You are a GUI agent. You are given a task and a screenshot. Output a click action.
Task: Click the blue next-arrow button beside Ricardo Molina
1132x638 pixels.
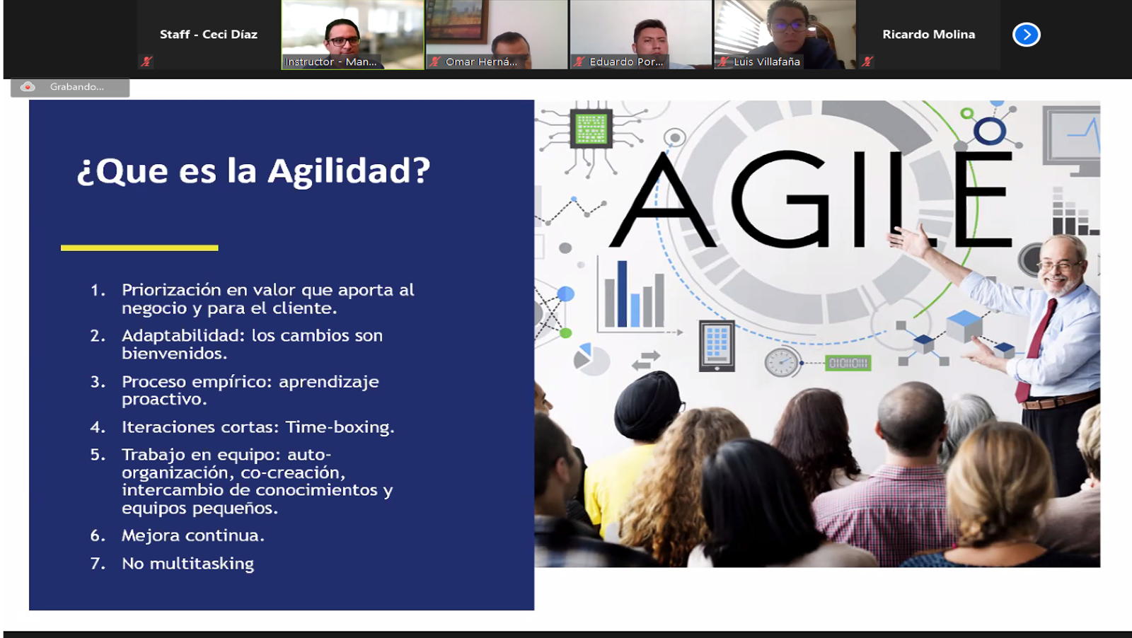click(1027, 35)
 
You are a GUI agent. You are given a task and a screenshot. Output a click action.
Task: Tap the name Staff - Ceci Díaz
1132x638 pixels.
click(209, 35)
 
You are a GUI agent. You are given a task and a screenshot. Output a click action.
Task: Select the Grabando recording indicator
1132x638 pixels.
click(70, 87)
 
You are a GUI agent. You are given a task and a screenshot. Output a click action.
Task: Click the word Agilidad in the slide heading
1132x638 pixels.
click(349, 171)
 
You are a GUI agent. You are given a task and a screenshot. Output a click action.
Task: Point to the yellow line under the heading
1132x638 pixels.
click(139, 248)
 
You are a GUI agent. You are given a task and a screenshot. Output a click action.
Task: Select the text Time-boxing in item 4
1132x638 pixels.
click(340, 427)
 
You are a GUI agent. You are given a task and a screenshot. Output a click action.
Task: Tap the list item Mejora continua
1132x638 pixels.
click(193, 535)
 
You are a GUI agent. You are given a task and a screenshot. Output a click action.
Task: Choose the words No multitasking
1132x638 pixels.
click(188, 564)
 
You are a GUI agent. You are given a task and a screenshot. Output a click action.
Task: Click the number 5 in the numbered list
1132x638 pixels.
click(96, 455)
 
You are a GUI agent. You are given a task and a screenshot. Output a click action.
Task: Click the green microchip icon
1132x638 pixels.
click(591, 128)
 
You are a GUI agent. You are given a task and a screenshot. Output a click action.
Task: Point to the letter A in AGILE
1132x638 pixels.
click(662, 199)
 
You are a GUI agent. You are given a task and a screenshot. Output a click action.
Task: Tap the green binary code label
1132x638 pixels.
click(848, 363)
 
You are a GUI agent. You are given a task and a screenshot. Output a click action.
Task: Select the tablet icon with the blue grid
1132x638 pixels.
click(717, 346)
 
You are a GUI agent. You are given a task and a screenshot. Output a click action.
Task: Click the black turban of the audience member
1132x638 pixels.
click(647, 404)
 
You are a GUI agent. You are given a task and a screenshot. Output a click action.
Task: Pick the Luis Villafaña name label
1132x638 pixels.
click(767, 62)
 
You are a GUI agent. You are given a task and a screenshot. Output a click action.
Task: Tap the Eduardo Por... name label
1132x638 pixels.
click(626, 62)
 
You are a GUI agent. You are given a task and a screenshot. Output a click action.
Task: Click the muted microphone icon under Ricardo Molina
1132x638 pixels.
click(867, 62)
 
